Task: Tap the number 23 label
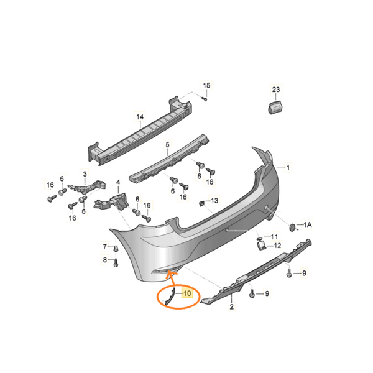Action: [277, 90]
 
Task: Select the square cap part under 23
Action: [274, 108]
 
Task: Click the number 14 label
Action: [140, 116]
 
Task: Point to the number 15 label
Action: [207, 85]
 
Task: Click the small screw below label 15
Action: [204, 98]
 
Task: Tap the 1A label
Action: [307, 224]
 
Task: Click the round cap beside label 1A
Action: [292, 227]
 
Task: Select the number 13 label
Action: [214, 201]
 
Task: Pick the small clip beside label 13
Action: [201, 203]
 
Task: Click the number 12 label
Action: [277, 246]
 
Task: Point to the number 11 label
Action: [275, 236]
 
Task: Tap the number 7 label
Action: [104, 247]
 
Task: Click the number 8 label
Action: [104, 260]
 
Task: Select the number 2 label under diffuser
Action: [231, 306]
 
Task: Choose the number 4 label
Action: [117, 183]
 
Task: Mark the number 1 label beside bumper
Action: [288, 167]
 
